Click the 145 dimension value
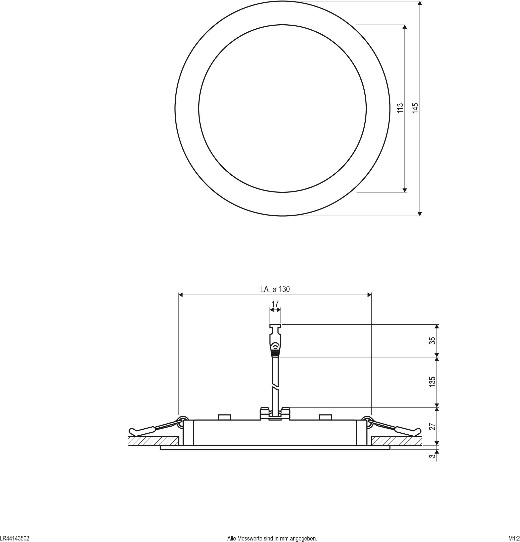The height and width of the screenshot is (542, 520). coord(415,108)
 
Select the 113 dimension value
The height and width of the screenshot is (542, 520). coord(400,108)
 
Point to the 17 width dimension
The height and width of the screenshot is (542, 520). coord(275,304)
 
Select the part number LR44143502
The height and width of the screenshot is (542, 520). coord(14,538)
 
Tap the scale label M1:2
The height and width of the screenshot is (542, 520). coord(514,538)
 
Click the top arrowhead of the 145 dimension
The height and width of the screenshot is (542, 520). coord(420,3)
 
